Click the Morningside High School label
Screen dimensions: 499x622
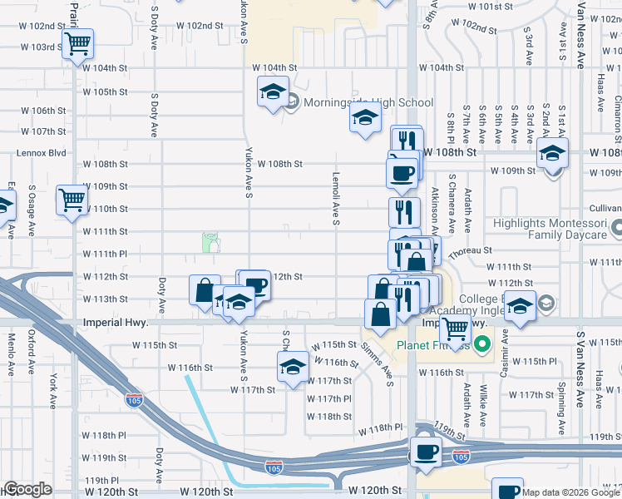pyautogui.click(x=368, y=103)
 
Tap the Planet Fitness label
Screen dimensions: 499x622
pyautogui.click(x=433, y=345)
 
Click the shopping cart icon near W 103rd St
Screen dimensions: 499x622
pyautogui.click(x=78, y=44)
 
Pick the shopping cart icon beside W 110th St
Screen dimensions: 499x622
pyautogui.click(x=72, y=200)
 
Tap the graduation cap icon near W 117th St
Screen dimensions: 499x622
pyautogui.click(x=293, y=367)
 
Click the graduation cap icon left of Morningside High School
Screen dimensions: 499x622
pyautogui.click(x=272, y=93)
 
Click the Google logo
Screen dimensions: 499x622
pyautogui.click(x=27, y=490)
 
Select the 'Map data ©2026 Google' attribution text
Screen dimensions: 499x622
pyautogui.click(x=571, y=492)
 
